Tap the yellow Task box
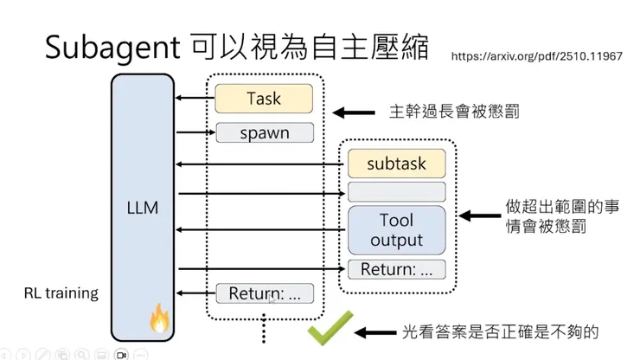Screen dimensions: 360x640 tap(264, 98)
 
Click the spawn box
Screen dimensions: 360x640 tap(264, 133)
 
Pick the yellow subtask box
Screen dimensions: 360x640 tap(396, 162)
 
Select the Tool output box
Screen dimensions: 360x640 tap(396, 229)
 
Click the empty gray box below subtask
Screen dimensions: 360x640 tap(396, 191)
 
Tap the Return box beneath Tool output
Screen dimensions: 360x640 tap(396, 269)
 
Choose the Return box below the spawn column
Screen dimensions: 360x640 tap(264, 293)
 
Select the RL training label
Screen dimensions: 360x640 tap(61, 293)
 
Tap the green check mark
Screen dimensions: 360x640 tap(330, 331)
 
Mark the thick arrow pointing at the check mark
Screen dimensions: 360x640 tap(374, 332)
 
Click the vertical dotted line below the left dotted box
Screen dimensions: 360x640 tap(264, 333)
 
